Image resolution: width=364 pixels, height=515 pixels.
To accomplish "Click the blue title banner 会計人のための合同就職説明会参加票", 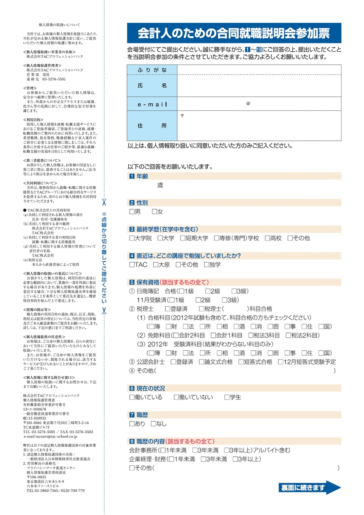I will point(234,32).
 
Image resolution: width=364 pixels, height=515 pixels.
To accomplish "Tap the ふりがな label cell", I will point(152,70).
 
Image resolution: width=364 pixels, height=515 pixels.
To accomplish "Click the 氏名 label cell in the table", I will point(152,85).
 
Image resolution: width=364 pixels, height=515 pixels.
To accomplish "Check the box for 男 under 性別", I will point(132,212).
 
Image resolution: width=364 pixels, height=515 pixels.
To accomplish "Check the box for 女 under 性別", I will point(155,212).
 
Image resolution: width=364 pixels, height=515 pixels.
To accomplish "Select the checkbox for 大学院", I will point(132,238).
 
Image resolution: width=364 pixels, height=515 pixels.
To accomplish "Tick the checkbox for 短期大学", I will point(183,238).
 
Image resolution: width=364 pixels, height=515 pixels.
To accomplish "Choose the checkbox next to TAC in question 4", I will point(132,264).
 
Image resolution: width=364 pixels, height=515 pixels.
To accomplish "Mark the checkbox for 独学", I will point(207,264).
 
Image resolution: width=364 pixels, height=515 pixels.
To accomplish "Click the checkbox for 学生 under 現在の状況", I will point(227,397).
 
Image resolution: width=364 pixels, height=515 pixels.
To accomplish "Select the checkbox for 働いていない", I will point(176,397).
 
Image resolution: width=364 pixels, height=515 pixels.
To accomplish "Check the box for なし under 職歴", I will point(153,423).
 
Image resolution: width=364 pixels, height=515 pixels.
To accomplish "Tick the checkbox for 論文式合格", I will point(202,362).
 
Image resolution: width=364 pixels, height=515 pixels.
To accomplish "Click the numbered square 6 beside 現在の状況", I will point(132,388).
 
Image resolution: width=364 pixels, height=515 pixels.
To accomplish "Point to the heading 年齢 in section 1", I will point(142,176).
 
